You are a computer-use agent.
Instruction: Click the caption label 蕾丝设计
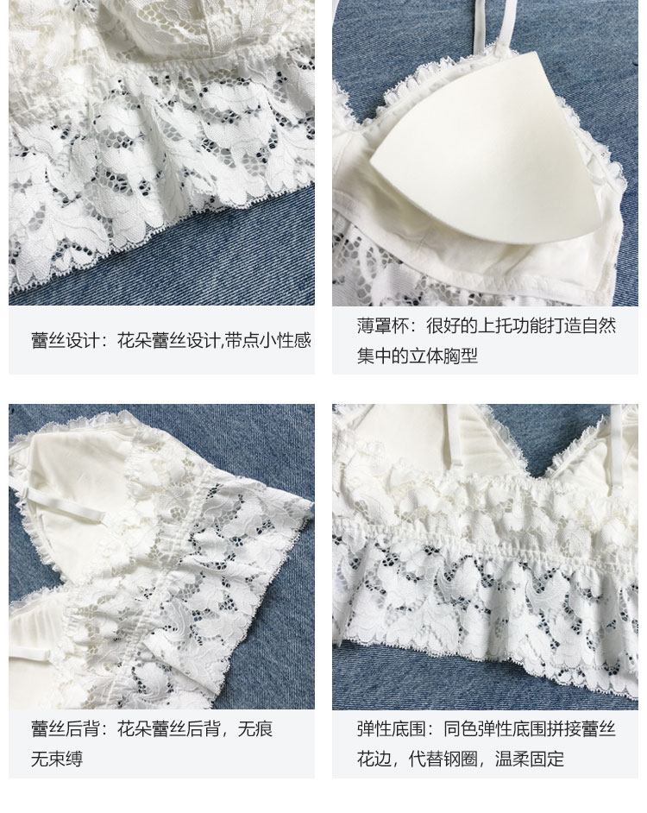click(x=65, y=341)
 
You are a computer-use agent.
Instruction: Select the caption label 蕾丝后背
click(x=65, y=729)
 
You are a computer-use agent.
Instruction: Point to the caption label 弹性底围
click(x=391, y=729)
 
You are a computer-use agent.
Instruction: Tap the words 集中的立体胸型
click(x=417, y=356)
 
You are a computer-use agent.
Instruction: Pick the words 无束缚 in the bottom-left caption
click(x=57, y=759)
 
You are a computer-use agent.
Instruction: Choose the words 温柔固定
click(x=530, y=759)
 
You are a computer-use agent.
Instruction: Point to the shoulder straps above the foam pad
click(x=490, y=28)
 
